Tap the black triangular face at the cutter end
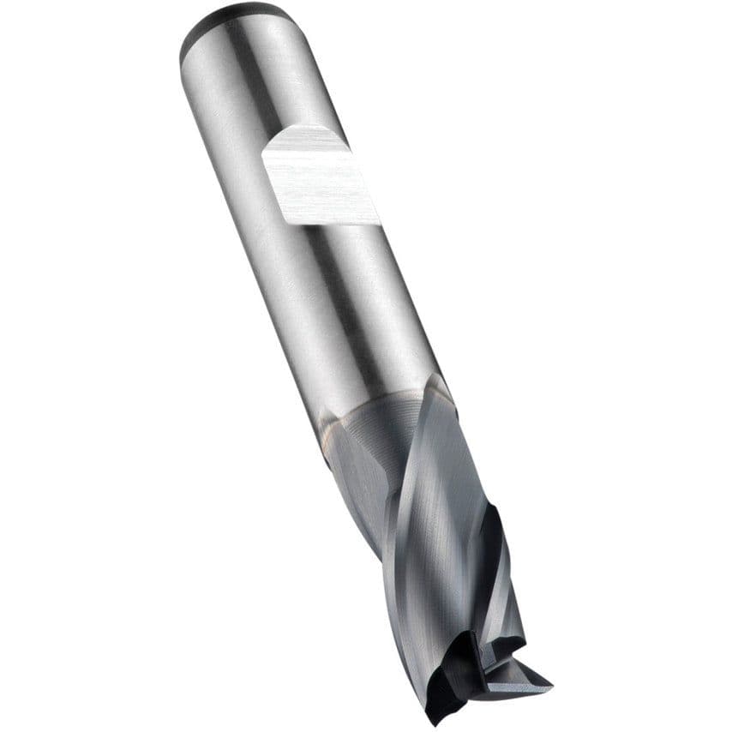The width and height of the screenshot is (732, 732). [x=454, y=677]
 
